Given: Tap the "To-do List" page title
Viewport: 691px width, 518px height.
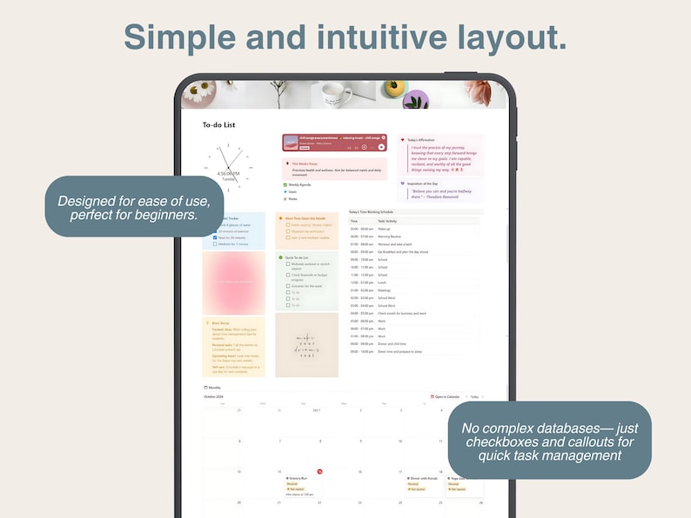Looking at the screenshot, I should [x=218, y=125].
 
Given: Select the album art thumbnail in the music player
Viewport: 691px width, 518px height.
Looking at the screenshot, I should [x=291, y=143].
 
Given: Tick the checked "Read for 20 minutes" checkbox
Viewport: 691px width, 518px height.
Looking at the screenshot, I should [x=215, y=237].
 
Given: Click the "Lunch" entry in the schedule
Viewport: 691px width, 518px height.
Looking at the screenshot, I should [x=382, y=282].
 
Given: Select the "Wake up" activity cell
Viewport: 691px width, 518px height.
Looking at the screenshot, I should [x=384, y=229].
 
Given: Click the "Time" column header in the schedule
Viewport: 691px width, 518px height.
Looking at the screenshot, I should [x=354, y=221].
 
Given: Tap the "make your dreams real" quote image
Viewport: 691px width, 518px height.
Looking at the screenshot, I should [x=306, y=346].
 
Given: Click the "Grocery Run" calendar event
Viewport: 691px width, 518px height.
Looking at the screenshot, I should [x=299, y=478].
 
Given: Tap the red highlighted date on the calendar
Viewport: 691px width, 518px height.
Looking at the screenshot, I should [x=319, y=471].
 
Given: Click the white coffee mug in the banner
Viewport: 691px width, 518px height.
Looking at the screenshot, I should [x=336, y=93].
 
